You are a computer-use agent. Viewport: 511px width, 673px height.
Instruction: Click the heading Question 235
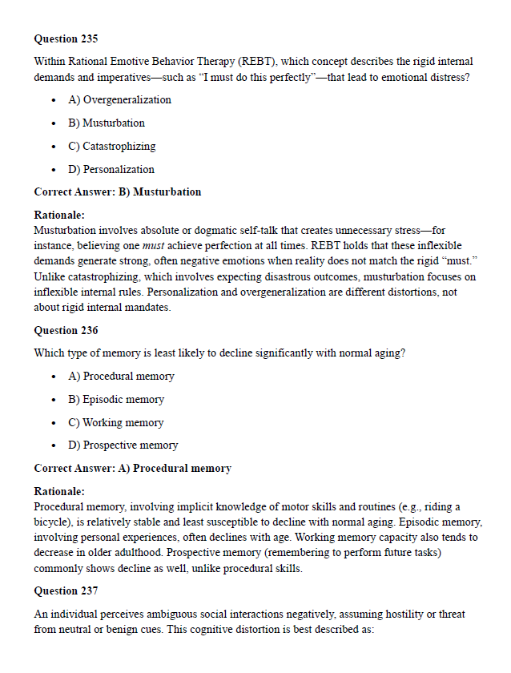(x=66, y=38)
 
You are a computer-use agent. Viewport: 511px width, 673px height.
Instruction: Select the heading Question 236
(x=66, y=330)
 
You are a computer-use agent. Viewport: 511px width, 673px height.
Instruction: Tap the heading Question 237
(x=66, y=590)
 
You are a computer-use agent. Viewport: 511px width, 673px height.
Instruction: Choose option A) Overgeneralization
(x=119, y=100)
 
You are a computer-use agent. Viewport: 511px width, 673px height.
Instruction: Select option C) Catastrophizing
(x=111, y=147)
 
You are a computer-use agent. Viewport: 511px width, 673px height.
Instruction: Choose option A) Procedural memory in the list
(x=121, y=377)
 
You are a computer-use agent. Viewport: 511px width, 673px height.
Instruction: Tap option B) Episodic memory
(x=116, y=399)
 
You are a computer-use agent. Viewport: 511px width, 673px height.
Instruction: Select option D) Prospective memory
(x=123, y=445)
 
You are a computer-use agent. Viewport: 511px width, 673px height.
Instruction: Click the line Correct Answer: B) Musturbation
(x=118, y=192)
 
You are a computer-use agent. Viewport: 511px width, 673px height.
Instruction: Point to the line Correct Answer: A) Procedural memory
(x=132, y=468)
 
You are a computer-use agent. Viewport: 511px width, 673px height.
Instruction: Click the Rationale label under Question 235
(x=59, y=216)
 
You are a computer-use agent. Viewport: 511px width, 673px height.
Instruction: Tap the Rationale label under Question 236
(x=59, y=491)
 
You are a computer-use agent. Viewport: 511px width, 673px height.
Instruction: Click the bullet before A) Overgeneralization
(x=53, y=101)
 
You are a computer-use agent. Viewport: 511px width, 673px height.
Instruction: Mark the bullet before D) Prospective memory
(x=53, y=445)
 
